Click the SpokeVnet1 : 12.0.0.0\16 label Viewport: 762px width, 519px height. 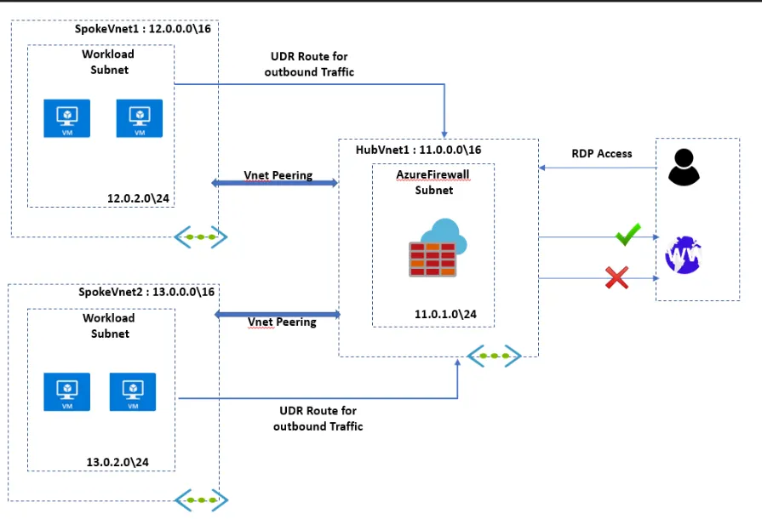click(144, 28)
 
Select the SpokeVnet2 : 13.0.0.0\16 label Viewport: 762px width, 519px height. click(146, 292)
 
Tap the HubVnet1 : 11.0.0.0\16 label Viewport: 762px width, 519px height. click(418, 150)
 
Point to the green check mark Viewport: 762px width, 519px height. click(627, 235)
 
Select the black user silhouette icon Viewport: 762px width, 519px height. click(684, 167)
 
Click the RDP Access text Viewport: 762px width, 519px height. click(601, 154)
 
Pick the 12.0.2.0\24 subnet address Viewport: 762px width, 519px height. click(136, 197)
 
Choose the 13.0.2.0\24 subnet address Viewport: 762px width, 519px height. click(117, 462)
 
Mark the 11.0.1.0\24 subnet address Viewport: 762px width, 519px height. click(445, 314)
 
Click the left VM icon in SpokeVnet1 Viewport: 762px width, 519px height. click(66, 119)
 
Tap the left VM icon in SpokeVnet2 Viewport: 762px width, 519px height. click(66, 392)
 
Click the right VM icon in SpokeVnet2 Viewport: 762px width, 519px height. click(132, 392)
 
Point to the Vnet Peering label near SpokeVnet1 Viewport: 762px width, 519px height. click(278, 175)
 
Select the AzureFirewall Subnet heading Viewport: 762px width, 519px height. click(433, 181)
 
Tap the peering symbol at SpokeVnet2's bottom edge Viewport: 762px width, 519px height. click(201, 499)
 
